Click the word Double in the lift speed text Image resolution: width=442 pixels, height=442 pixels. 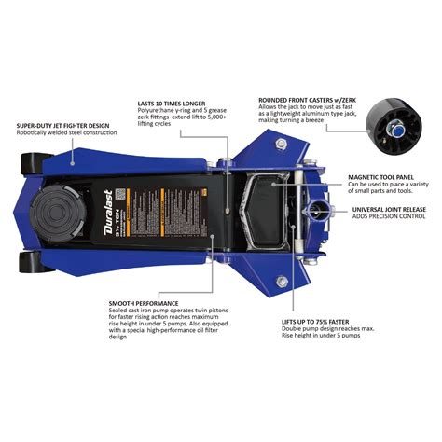tap(296, 330)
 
